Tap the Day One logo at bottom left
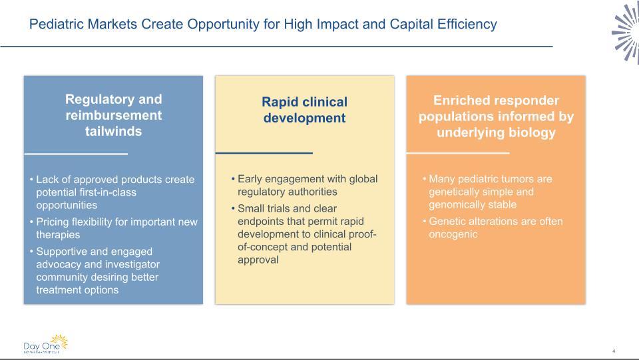46,344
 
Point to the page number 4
614,351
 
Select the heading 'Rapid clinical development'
304,110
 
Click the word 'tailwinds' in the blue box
113,131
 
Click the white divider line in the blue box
76,154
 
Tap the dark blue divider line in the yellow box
264,153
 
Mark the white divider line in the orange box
458,153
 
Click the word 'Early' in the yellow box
250,179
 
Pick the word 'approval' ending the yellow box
258,260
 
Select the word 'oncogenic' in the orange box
453,234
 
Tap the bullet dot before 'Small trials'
233,208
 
